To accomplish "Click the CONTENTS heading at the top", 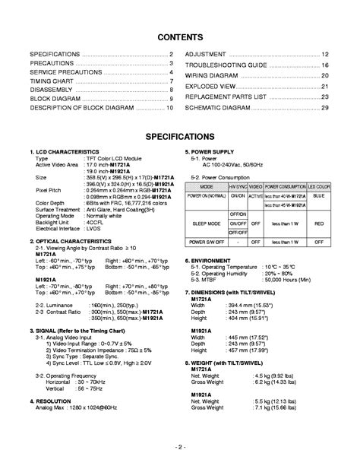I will (x=179, y=36).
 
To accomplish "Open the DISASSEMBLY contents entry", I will (x=49, y=90).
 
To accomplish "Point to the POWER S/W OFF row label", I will (x=207, y=241).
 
